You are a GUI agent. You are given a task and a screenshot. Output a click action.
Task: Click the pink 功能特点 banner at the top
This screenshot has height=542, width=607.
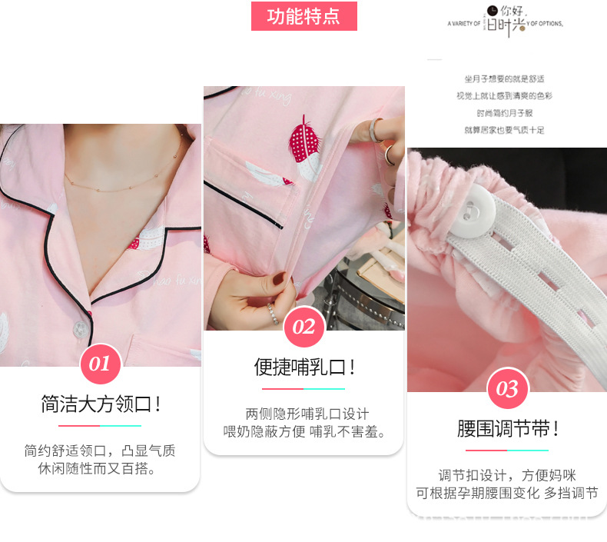pos(304,17)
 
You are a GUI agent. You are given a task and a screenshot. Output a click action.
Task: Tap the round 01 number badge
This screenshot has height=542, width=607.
pos(101,364)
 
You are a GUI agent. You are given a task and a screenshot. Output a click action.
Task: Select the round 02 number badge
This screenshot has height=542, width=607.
pos(303,328)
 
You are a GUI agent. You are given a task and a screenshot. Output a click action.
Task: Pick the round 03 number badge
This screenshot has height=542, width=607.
pos(507,389)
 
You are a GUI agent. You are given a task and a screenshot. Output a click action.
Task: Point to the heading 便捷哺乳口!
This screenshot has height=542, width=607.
pos(304,367)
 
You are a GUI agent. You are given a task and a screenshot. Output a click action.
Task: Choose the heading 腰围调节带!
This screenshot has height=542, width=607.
pos(507,429)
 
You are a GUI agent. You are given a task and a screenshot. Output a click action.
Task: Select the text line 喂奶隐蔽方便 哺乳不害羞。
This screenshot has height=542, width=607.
pos(304,431)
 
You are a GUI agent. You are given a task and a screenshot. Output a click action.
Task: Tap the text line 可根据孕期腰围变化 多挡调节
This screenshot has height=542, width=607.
pos(507,494)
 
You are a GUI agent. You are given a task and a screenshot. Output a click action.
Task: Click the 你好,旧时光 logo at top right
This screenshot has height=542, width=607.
pos(506,22)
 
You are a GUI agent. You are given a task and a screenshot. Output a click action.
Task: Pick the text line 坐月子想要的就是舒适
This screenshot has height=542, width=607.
pos(503,79)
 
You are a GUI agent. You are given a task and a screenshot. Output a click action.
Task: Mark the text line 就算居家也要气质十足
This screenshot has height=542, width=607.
pos(503,130)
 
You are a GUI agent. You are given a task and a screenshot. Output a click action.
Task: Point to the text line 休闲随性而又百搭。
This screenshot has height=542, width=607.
pos(101,468)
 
